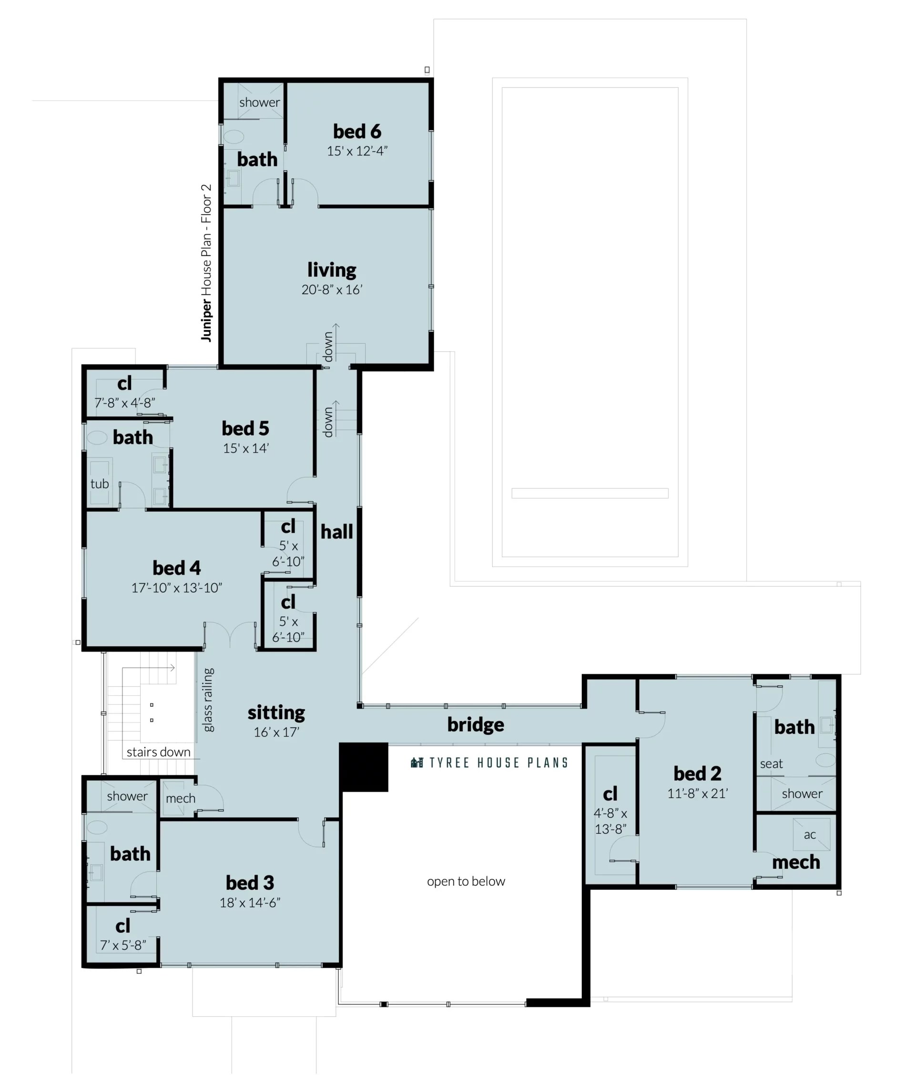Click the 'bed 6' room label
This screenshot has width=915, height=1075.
point(357,132)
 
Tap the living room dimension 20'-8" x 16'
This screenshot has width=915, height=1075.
point(332,290)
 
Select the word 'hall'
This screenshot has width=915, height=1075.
point(336,532)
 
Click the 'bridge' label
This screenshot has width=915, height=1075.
point(475,724)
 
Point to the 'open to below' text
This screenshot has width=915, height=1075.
point(466,881)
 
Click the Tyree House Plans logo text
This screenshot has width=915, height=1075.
point(490,763)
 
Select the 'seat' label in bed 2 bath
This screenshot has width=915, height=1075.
point(772,764)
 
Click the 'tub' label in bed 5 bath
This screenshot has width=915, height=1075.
point(100,484)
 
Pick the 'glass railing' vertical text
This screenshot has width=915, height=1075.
point(208,700)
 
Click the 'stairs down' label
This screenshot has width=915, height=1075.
point(158,752)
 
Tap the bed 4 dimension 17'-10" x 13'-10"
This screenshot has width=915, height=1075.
point(176,588)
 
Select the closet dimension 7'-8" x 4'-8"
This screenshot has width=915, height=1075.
point(124,403)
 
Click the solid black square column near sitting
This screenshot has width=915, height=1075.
point(364,767)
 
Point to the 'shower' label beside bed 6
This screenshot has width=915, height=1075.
point(259,102)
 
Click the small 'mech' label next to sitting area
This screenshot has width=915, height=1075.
point(181,798)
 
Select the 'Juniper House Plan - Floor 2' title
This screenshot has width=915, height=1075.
point(206,263)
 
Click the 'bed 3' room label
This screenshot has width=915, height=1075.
point(250,882)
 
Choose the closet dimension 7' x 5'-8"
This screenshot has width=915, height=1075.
point(123,945)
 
